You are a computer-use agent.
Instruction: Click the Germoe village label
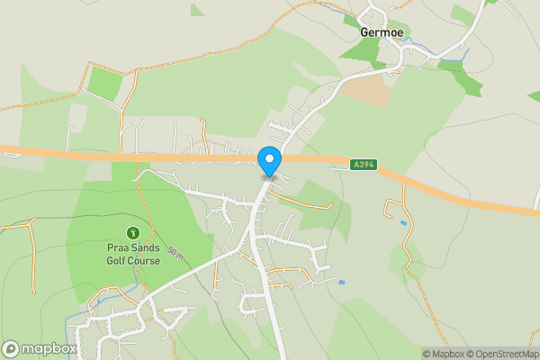(x=382, y=31)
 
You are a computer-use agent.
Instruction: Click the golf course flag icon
(x=133, y=232)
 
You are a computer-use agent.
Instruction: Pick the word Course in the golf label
(x=144, y=261)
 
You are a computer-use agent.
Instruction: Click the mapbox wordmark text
(x=49, y=348)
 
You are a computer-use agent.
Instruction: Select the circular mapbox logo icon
(x=11, y=348)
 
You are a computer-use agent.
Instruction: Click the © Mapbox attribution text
(x=444, y=354)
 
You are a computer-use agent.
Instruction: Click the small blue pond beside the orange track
(x=402, y=222)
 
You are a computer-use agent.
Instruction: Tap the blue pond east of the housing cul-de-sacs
(x=342, y=282)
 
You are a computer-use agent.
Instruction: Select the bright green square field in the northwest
(x=105, y=84)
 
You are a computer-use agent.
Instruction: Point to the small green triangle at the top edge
(x=197, y=10)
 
